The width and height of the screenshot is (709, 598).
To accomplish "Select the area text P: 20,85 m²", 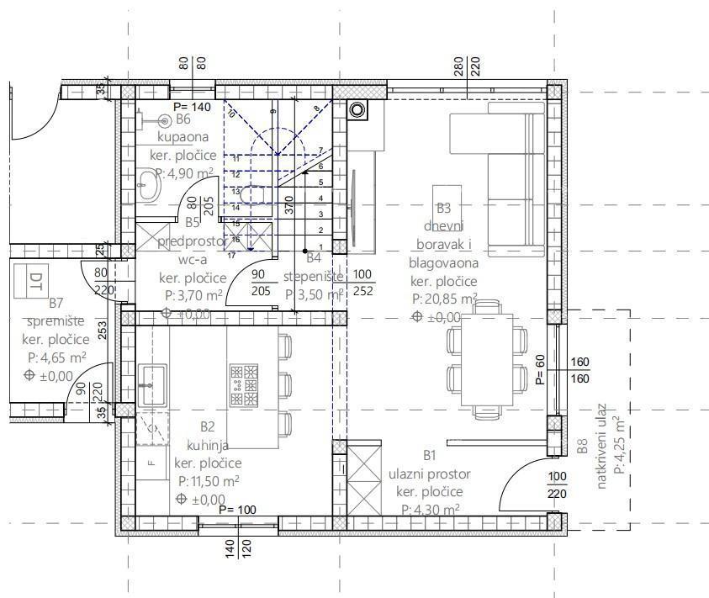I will pos(444,299).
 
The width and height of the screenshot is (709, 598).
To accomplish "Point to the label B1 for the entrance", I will pos(429,455).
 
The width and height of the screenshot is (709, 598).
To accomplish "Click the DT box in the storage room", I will pos(35,280).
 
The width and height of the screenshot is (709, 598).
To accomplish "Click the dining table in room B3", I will pos(485,359).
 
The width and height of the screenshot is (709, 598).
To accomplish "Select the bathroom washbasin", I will pos(150,183).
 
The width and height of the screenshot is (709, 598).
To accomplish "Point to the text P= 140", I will pos(191,107).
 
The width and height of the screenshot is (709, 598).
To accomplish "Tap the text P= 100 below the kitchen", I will pos(236,510).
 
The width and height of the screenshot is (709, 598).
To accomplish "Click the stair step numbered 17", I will pos(231,254).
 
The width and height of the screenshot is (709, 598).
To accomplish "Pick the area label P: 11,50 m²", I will pos(209,481).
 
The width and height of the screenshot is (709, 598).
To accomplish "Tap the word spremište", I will pos(56,321).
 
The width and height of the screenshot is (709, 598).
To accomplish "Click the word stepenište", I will pos(314,277).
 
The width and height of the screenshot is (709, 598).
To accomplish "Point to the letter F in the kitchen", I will pos(151,462).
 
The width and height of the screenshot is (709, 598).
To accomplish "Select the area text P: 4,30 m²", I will pos(429,509).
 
